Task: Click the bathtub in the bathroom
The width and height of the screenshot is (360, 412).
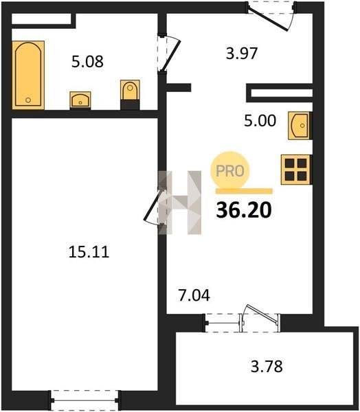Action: (28, 75)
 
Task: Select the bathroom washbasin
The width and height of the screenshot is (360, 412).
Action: (80, 100)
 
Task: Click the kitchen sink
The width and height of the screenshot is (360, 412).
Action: (300, 126)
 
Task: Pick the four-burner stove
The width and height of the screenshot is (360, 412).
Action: (296, 170)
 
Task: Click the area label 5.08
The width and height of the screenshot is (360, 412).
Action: (87, 62)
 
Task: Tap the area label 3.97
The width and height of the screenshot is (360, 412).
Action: (242, 54)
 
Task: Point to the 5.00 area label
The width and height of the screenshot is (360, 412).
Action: (260, 121)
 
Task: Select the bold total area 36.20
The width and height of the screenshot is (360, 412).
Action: (244, 210)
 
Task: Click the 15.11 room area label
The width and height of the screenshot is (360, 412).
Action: (89, 252)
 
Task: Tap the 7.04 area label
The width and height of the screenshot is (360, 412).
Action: (194, 295)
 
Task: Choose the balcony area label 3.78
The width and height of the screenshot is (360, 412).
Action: (267, 366)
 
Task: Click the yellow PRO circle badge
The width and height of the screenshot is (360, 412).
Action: (230, 170)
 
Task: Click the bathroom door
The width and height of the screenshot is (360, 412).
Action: (169, 53)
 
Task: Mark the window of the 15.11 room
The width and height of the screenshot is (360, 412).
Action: (85, 400)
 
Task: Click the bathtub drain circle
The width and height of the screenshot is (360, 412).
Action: (28, 100)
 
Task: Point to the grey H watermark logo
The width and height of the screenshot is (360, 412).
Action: (180, 203)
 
